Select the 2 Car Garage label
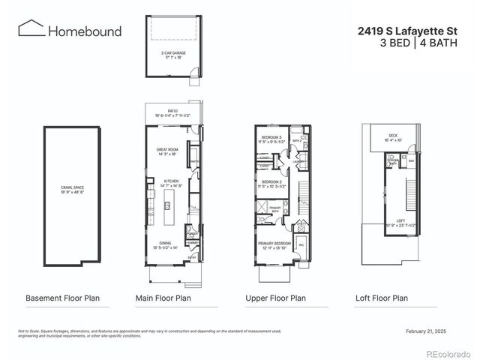tap(172, 55)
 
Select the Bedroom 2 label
tap(271, 183)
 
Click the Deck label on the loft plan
tap(393, 137)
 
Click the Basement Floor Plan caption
tap(62, 298)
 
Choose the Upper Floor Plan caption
tap(275, 298)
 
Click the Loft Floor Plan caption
tap(382, 298)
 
